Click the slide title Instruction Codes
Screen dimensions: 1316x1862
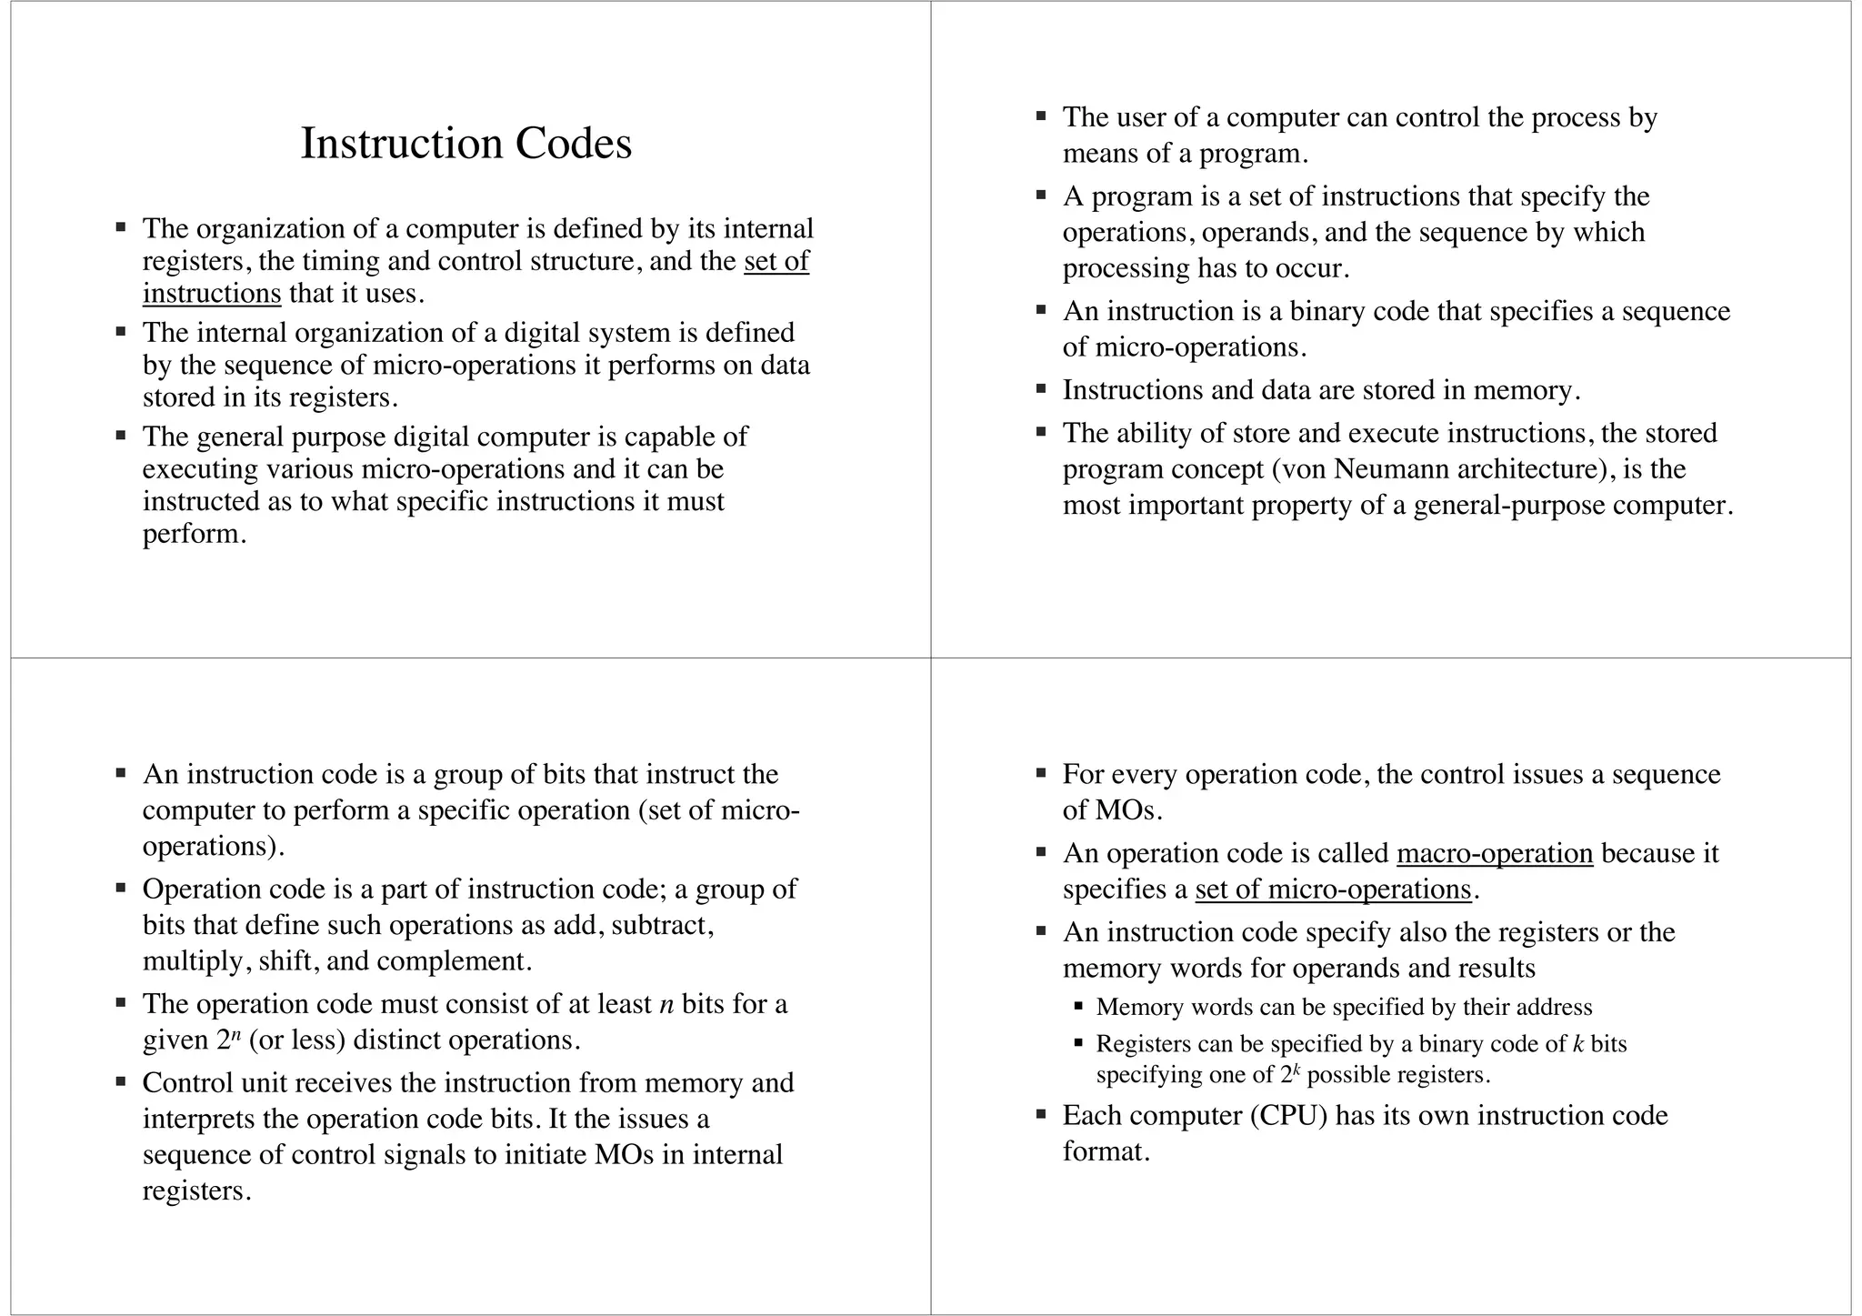click(x=465, y=144)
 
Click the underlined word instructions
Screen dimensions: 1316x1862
click(x=212, y=294)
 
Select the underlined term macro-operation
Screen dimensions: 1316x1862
click(x=1495, y=853)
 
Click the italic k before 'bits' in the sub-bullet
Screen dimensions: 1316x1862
click(x=1578, y=1044)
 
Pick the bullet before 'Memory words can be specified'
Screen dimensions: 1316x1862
click(x=1079, y=1007)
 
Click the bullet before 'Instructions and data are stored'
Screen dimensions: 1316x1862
click(x=1042, y=389)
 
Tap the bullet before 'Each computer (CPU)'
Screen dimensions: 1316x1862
click(x=1042, y=1114)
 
